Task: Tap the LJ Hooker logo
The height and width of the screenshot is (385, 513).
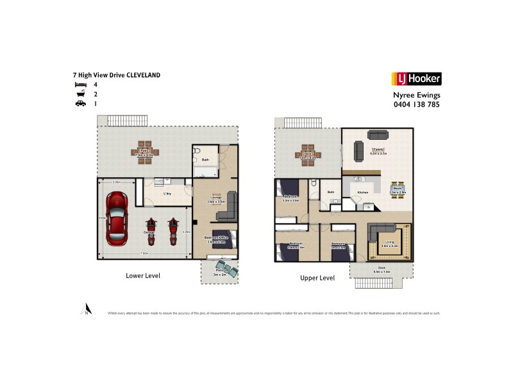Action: coord(416,79)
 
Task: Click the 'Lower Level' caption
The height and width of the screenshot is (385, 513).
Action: coord(142,275)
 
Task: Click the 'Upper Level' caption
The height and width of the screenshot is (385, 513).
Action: coord(317,278)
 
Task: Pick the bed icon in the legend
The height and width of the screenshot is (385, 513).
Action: coord(81,84)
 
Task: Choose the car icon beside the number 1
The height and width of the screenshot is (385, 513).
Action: coord(81,103)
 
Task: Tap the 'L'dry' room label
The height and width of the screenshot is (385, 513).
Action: coord(167,193)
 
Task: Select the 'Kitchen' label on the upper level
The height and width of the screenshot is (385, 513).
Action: coord(362,193)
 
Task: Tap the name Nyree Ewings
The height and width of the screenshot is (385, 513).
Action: coord(416,94)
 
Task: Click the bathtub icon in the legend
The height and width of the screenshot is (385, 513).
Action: coord(81,94)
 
